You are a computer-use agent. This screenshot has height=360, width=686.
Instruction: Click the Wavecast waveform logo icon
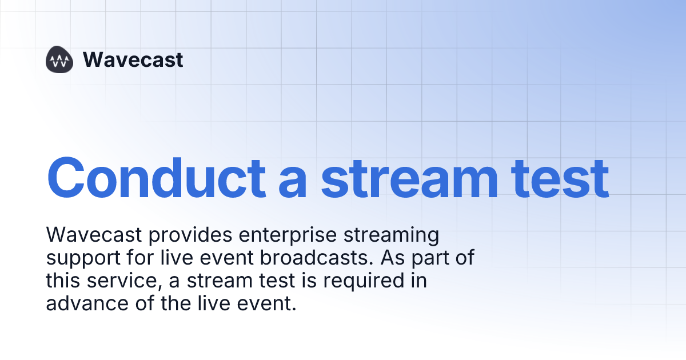click(x=59, y=60)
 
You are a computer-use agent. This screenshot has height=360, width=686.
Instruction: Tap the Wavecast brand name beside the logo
click(x=133, y=60)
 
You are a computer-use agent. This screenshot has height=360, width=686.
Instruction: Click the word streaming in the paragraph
click(x=389, y=235)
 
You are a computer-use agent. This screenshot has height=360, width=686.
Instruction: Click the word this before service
click(x=63, y=281)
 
